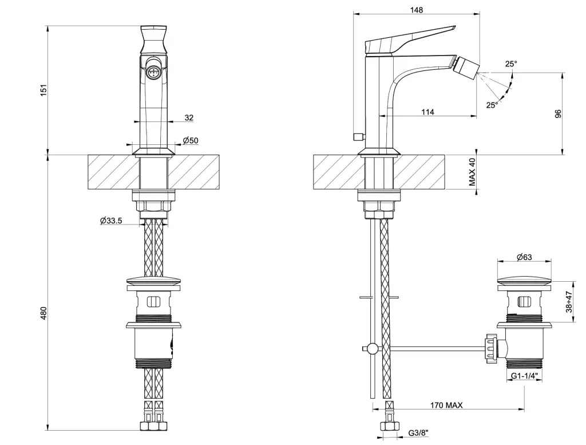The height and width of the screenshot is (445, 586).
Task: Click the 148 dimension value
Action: [417, 10]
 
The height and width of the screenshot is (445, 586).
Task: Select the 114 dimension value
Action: [427, 112]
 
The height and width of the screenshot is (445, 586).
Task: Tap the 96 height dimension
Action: [558, 113]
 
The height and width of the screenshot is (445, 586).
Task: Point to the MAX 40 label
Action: [473, 172]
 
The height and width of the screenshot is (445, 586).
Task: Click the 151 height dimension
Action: [42, 90]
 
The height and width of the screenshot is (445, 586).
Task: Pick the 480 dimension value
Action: [42, 313]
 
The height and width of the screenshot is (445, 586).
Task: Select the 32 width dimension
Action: [189, 117]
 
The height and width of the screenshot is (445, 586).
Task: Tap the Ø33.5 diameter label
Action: [111, 220]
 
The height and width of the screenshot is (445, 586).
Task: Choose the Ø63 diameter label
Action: [524, 257]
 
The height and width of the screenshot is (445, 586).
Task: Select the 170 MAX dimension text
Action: [446, 405]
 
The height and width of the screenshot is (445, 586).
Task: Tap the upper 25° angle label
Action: [510, 64]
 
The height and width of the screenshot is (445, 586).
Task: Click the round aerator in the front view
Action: [153, 73]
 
